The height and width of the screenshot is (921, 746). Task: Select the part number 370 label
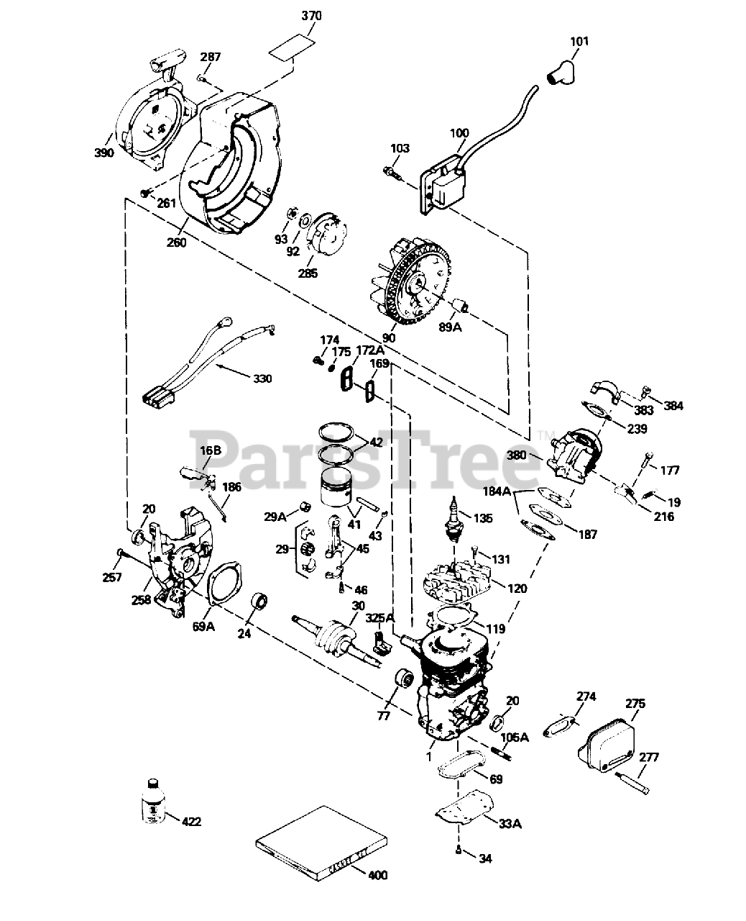(x=311, y=16)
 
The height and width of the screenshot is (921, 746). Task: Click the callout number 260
(x=176, y=242)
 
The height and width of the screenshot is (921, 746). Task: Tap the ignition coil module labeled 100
(x=441, y=183)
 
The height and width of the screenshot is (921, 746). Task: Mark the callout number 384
(x=673, y=407)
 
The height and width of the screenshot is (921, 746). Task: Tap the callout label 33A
(x=509, y=823)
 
